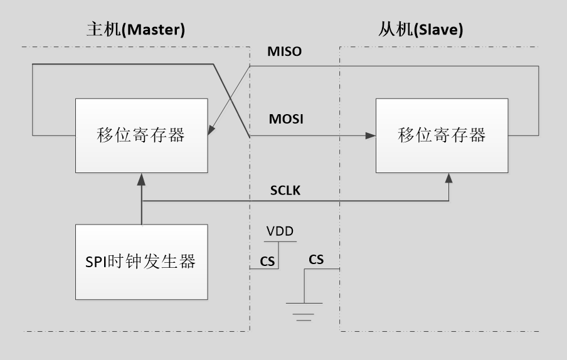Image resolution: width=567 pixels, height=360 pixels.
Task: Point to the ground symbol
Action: (x=304, y=310)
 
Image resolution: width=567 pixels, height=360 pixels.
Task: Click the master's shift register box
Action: (x=142, y=135)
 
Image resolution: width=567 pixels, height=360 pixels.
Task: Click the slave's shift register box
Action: (x=443, y=135)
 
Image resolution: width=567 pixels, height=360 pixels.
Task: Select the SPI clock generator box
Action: (x=142, y=261)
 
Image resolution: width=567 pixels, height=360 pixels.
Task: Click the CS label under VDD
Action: (x=267, y=261)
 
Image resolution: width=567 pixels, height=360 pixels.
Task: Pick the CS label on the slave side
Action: (x=316, y=258)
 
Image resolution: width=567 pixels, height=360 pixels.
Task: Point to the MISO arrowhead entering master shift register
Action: (x=212, y=130)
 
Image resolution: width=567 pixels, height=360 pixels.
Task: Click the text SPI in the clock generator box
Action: (x=98, y=262)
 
